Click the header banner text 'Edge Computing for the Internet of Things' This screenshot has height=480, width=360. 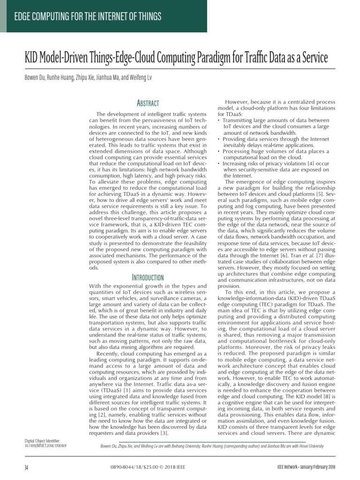(88, 17)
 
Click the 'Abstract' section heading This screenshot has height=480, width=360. (147, 103)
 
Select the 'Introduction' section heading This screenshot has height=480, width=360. (147, 277)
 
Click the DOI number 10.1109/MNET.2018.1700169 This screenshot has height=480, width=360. (45, 445)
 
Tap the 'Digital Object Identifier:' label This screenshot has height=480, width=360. (42, 441)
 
